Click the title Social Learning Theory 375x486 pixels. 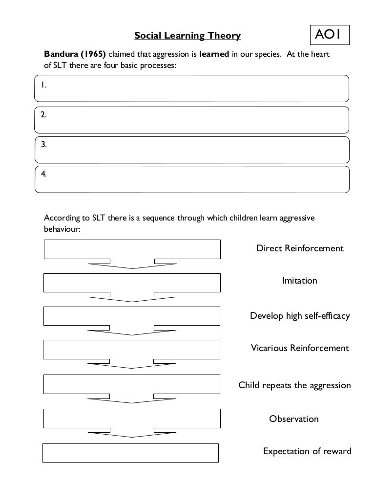(x=187, y=36)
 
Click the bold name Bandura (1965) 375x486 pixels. (x=75, y=54)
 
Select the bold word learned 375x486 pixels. (x=214, y=54)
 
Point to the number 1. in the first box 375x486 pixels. (x=43, y=85)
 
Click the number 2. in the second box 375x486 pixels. (x=43, y=115)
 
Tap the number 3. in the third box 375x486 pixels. (x=44, y=145)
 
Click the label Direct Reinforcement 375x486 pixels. (x=300, y=248)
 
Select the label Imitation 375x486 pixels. (x=300, y=281)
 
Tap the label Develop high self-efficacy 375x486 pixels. (x=300, y=316)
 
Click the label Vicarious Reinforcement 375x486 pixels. (x=300, y=348)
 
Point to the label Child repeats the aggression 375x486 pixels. (x=294, y=385)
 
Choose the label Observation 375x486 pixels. (x=294, y=419)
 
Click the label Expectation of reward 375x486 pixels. (x=307, y=451)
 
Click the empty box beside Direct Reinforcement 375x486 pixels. (x=132, y=249)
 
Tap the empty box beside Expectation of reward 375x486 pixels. (x=130, y=453)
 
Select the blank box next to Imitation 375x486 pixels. (x=132, y=283)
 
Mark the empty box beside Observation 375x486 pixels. (x=132, y=419)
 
